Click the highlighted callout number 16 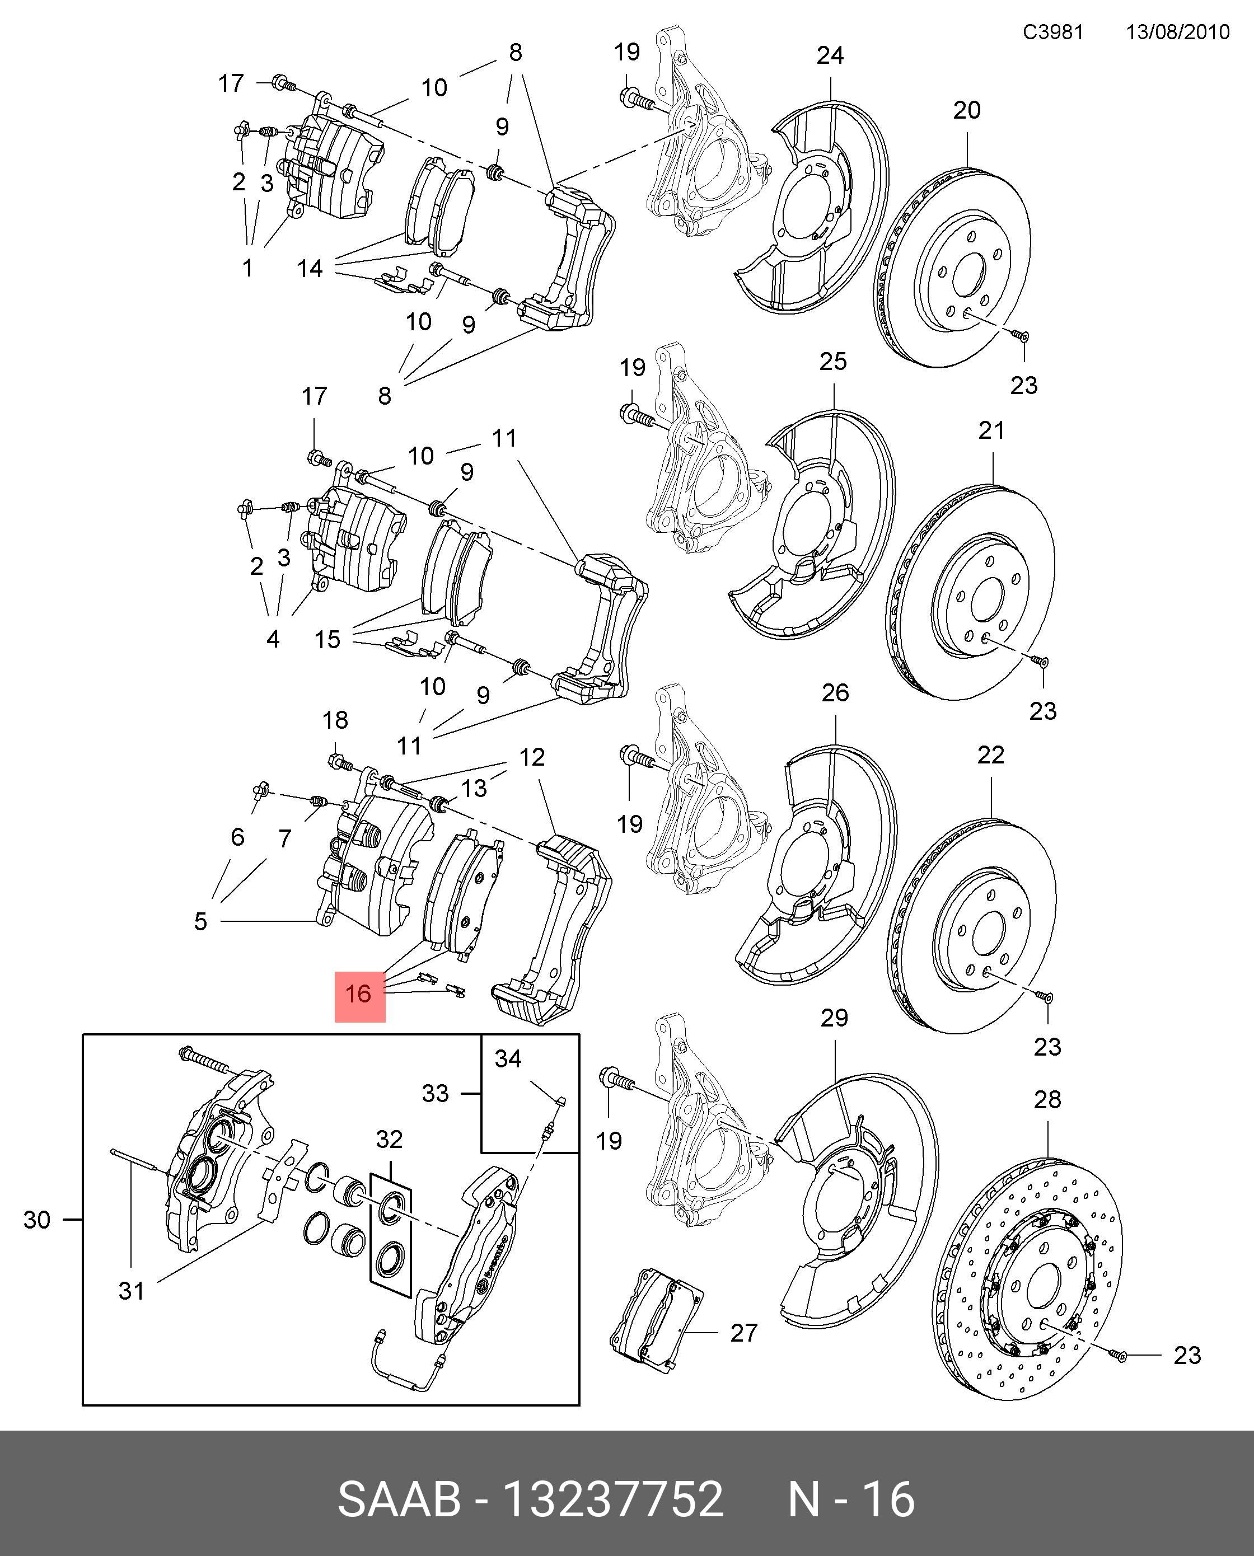[358, 993]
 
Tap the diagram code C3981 [1052, 32]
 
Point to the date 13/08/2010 [1177, 32]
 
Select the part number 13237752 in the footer [612, 1494]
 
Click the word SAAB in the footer [400, 1494]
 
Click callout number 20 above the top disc [966, 110]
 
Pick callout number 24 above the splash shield [830, 55]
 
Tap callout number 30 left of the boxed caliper [37, 1220]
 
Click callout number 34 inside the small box [508, 1058]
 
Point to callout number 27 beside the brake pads [743, 1333]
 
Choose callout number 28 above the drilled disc [1047, 1100]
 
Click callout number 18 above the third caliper [335, 720]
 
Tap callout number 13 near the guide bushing [474, 789]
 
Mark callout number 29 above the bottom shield [834, 1018]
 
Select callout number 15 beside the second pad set [327, 639]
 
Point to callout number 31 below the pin [131, 1291]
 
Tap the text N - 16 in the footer [851, 1494]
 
